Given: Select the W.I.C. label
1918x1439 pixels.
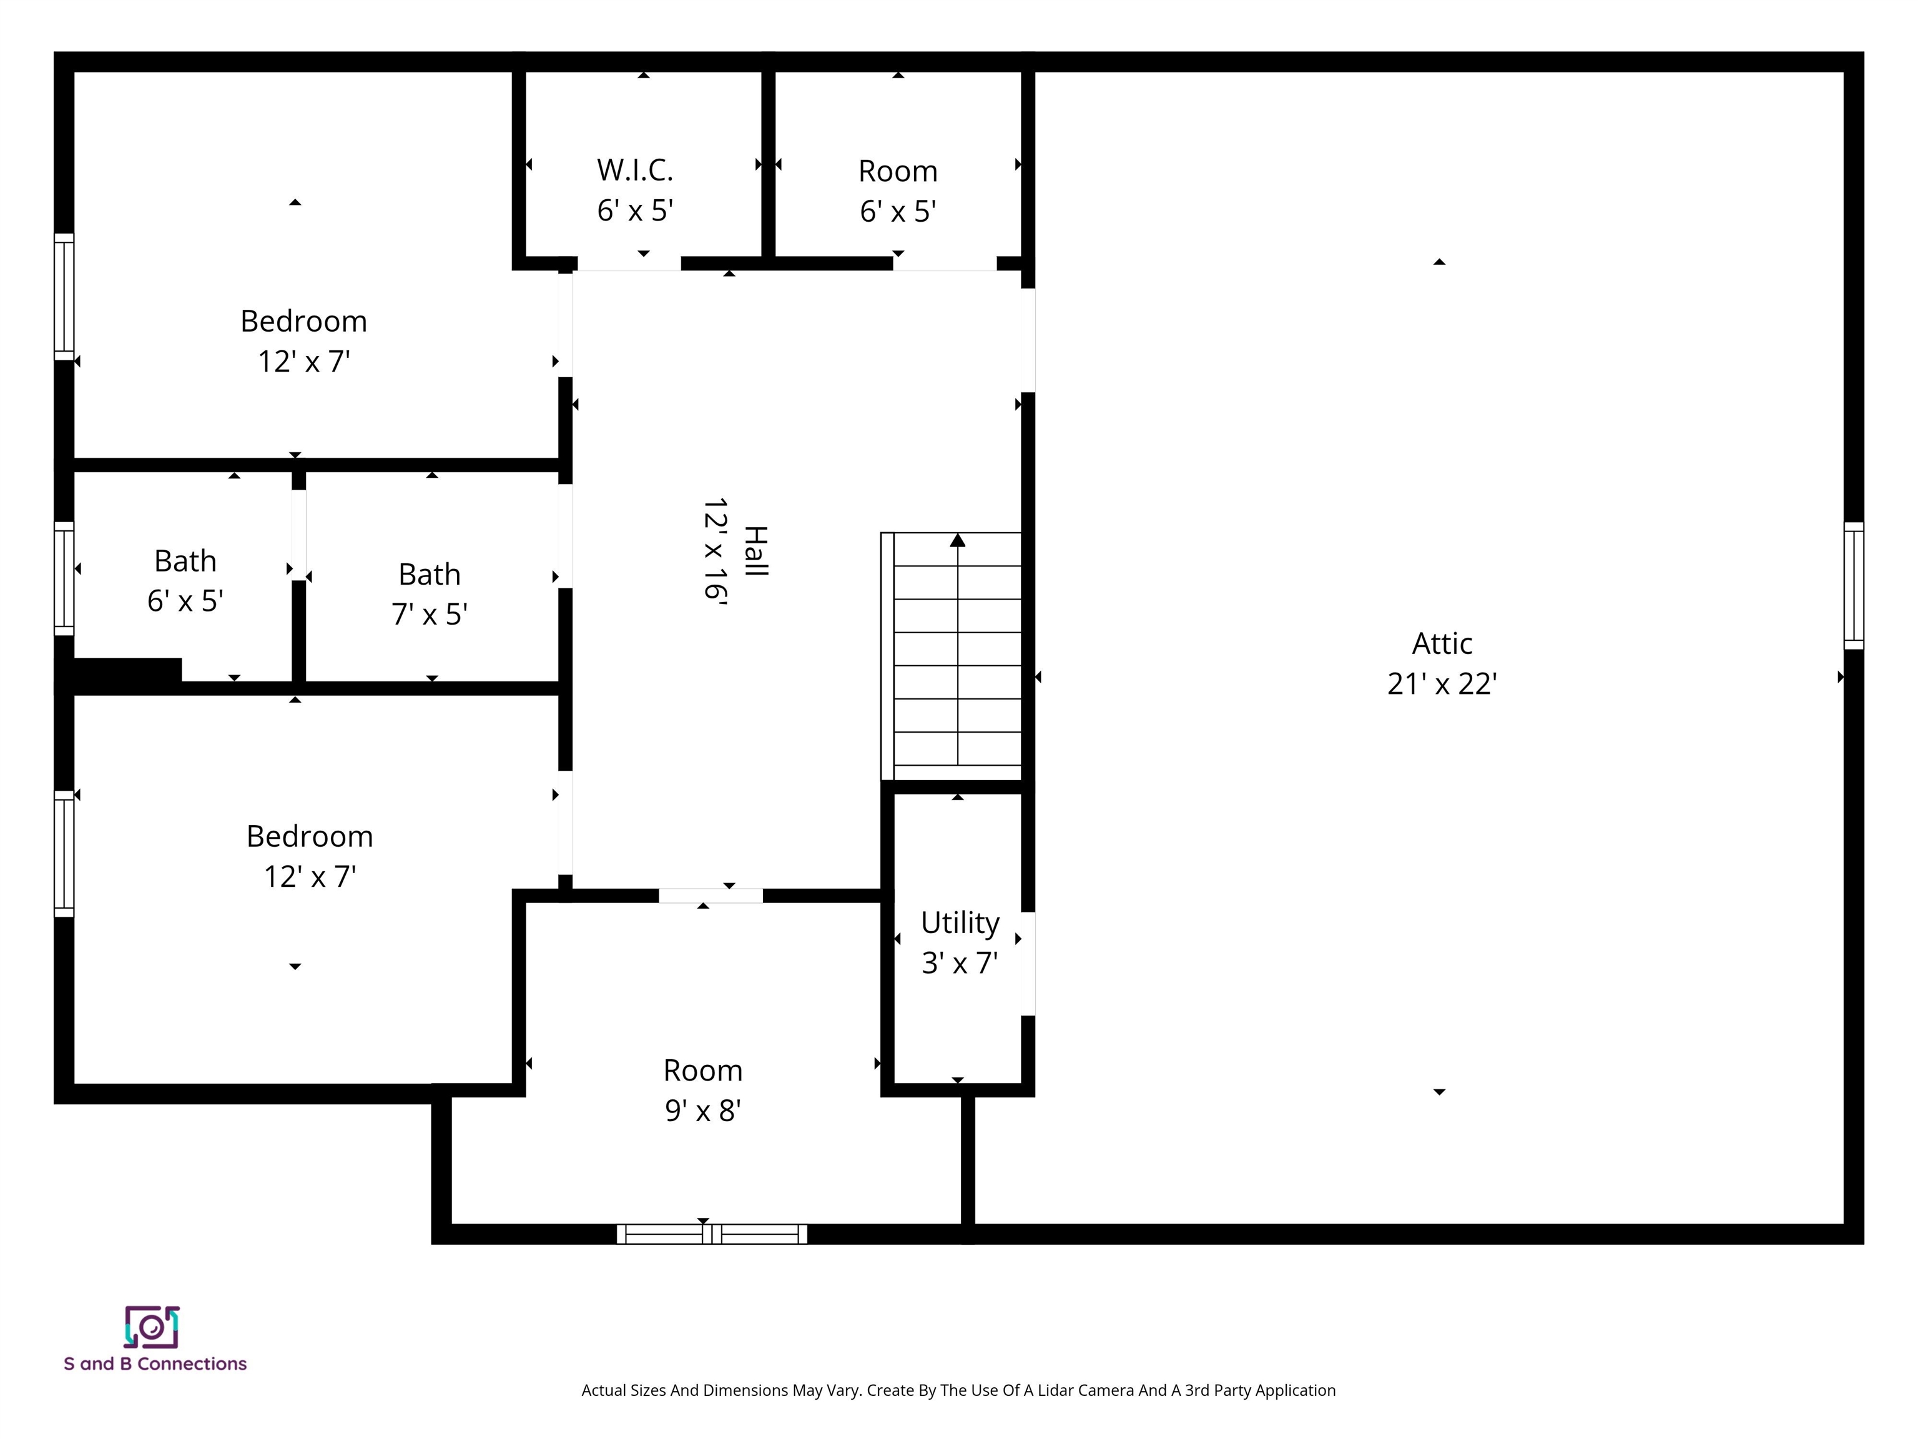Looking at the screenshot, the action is pyautogui.click(x=635, y=170).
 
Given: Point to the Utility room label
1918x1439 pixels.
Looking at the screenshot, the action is pyautogui.click(x=959, y=923).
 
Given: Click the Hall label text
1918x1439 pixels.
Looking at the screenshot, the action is pyautogui.click(x=756, y=551).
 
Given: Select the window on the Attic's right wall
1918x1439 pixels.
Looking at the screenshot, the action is pyautogui.click(x=1853, y=585).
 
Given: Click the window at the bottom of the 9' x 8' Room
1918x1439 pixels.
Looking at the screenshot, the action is pyautogui.click(x=712, y=1234).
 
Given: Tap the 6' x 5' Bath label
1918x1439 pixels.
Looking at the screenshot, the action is pyautogui.click(x=185, y=561).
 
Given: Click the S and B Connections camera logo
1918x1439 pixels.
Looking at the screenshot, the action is pyautogui.click(x=152, y=1327).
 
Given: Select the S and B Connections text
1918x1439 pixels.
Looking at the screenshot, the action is pyautogui.click(x=155, y=1363).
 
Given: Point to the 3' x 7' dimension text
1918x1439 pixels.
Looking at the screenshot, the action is pyautogui.click(x=959, y=964).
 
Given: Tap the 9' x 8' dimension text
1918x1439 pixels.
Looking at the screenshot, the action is pyautogui.click(x=702, y=1111).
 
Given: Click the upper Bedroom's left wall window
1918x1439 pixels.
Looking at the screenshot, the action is pyautogui.click(x=64, y=297).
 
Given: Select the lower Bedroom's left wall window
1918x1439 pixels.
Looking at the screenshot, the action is pyautogui.click(x=64, y=854).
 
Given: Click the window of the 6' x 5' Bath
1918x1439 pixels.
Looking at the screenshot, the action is pyautogui.click(x=64, y=578).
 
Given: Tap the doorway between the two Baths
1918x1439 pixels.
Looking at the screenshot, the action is pyautogui.click(x=298, y=535).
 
